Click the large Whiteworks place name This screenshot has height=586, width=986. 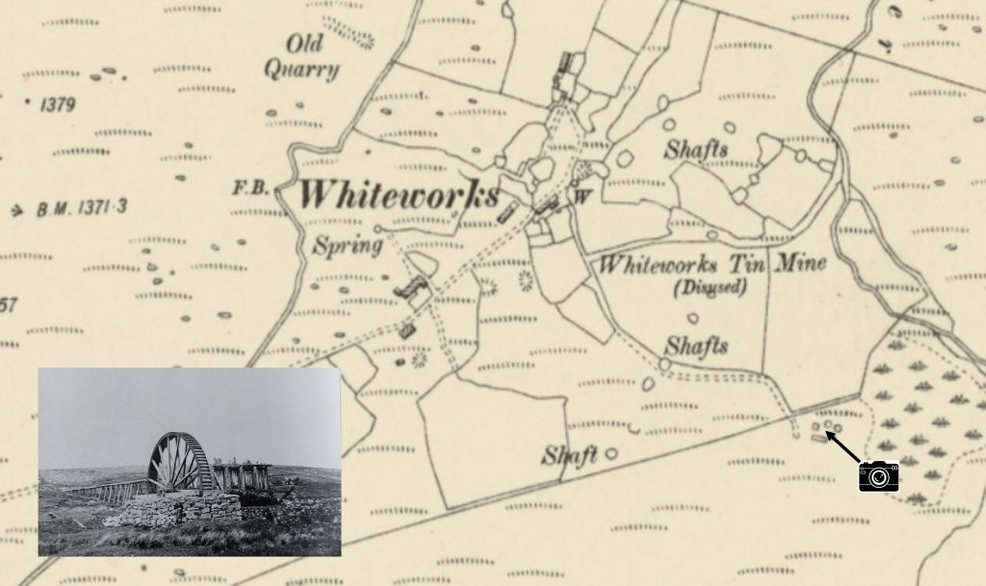(x=398, y=195)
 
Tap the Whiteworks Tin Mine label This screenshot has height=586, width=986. (x=712, y=264)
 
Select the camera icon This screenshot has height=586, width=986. (x=878, y=475)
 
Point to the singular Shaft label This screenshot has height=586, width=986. (x=569, y=455)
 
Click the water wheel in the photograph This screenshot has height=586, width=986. (x=180, y=462)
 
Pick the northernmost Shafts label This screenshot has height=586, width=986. (x=695, y=150)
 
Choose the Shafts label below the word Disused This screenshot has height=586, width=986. (x=696, y=346)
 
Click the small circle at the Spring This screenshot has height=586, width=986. (x=377, y=229)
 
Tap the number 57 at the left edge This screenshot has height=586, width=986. (x=8, y=306)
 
